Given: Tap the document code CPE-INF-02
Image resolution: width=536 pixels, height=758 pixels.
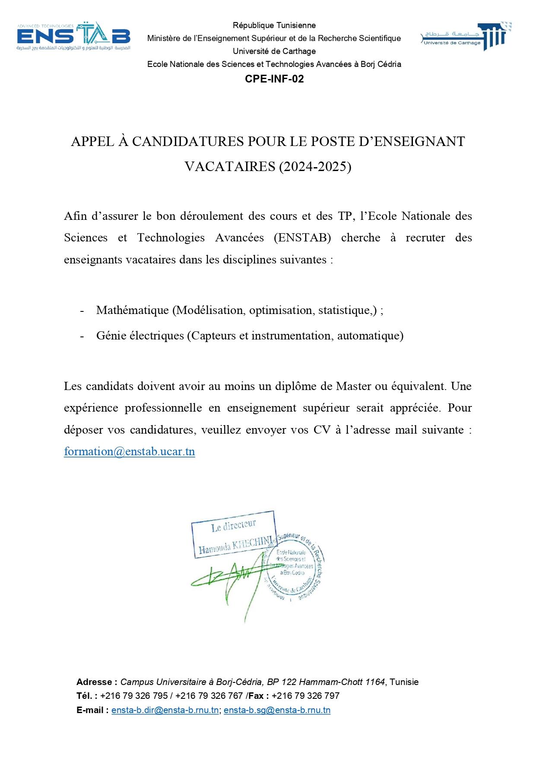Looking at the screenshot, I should pyautogui.click(x=274, y=79).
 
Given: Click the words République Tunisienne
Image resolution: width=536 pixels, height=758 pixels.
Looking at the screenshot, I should pyautogui.click(x=274, y=25).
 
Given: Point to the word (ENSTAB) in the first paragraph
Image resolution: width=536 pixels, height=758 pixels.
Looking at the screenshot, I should pyautogui.click(x=302, y=238).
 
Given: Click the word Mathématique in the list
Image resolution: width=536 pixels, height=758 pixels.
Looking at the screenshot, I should pyautogui.click(x=132, y=310).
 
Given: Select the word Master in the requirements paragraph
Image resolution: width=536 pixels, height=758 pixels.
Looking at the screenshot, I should pyautogui.click(x=353, y=386).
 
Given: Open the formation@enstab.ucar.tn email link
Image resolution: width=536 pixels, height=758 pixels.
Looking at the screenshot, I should pyautogui.click(x=130, y=452).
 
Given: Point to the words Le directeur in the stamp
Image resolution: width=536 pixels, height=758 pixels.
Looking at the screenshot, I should pyautogui.click(x=233, y=526).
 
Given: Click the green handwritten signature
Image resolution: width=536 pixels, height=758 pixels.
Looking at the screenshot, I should pyautogui.click(x=225, y=579).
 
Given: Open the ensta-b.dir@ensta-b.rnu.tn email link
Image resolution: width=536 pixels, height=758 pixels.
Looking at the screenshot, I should pyautogui.click(x=165, y=710).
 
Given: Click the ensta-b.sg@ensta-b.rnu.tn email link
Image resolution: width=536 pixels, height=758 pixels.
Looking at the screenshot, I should pyautogui.click(x=277, y=710).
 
